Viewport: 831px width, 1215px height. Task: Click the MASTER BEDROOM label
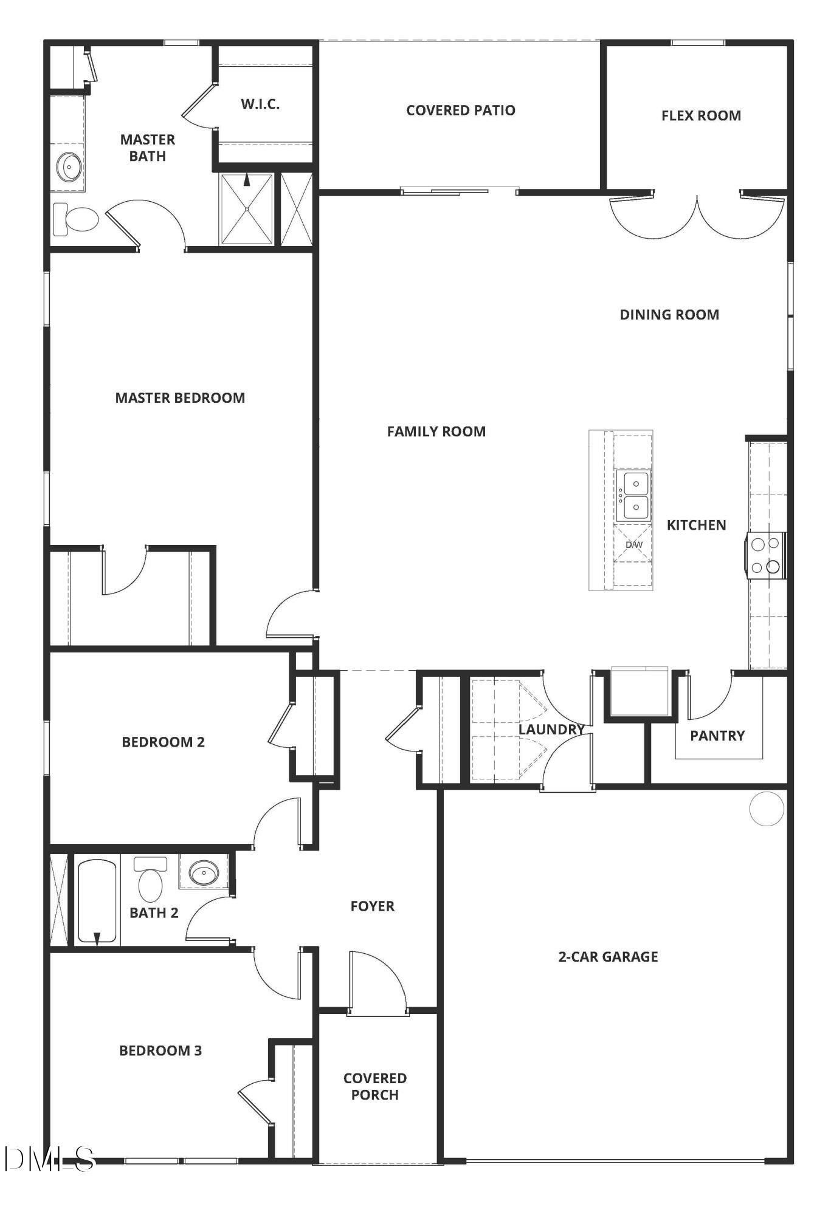[180, 398]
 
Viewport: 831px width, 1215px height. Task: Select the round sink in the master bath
[70, 165]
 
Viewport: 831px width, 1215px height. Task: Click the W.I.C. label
[260, 104]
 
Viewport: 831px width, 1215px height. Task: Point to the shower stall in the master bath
[246, 209]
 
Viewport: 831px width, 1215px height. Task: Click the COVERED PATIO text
[460, 111]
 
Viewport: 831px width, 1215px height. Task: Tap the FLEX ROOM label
[701, 115]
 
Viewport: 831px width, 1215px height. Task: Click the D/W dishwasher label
[633, 544]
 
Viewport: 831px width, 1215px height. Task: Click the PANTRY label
[717, 736]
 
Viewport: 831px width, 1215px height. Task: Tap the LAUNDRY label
[551, 729]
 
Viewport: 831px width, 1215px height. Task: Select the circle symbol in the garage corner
[767, 809]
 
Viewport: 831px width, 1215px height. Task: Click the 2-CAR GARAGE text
[608, 957]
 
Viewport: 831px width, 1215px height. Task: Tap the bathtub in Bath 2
[97, 901]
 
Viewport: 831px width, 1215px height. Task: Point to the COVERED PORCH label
[374, 1086]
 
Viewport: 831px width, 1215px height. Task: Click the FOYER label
[372, 906]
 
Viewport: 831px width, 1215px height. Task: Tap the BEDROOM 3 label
[160, 1050]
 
